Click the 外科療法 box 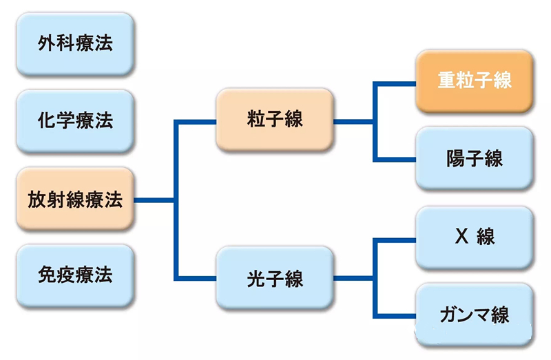[75, 43]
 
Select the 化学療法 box [75, 121]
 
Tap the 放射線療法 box [75, 199]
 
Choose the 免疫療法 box [75, 275]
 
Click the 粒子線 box [275, 119]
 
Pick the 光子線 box [275, 278]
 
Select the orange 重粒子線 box [475, 81]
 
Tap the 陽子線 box [475, 158]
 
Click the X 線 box [475, 237]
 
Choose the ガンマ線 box [475, 315]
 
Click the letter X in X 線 [461, 235]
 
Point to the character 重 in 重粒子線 [446, 80]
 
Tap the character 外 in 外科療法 [47, 43]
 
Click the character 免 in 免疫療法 [47, 275]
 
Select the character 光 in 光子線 [256, 279]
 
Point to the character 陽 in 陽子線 [455, 158]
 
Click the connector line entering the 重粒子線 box [394, 84]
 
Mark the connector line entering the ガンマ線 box [394, 316]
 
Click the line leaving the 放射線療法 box [154, 200]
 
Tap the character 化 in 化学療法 [47, 120]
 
